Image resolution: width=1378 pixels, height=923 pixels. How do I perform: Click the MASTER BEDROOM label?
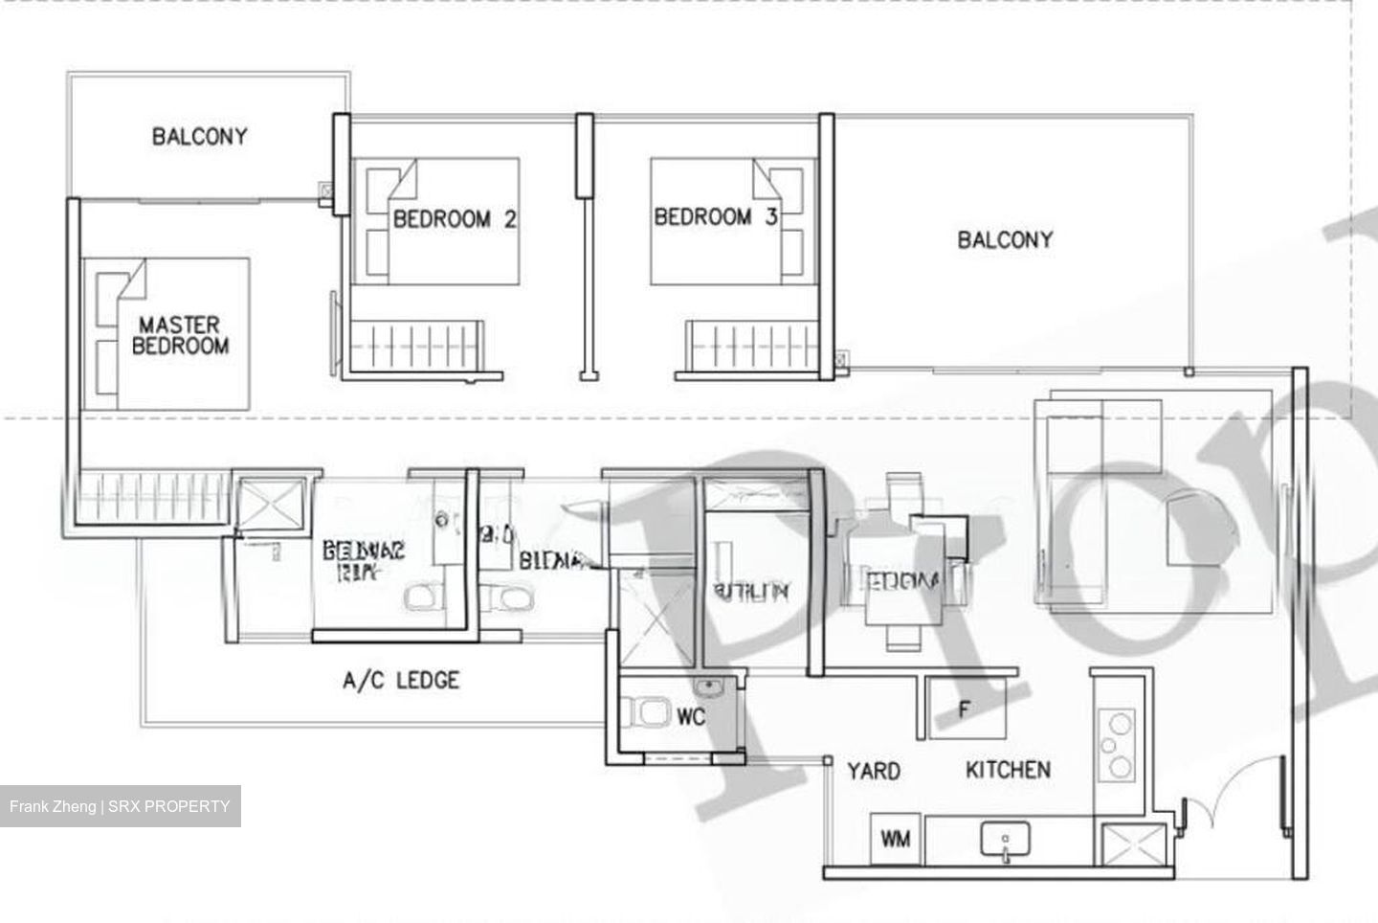(180, 335)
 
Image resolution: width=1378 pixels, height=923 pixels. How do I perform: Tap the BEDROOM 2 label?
(455, 219)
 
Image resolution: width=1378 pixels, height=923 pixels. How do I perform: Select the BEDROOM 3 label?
(715, 217)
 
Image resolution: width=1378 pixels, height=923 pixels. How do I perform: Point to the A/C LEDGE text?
(401, 681)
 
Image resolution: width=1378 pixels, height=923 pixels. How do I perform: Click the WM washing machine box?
(896, 840)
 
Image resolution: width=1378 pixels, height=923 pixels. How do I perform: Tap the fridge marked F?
(966, 709)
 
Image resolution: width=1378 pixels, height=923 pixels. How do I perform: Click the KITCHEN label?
(1008, 770)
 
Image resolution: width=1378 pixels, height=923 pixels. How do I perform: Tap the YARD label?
(873, 771)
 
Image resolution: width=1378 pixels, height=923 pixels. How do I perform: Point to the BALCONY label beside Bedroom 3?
(1005, 239)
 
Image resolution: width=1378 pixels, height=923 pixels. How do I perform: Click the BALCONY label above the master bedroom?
(199, 136)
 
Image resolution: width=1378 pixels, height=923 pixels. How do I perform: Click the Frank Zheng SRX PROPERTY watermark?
(120, 806)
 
